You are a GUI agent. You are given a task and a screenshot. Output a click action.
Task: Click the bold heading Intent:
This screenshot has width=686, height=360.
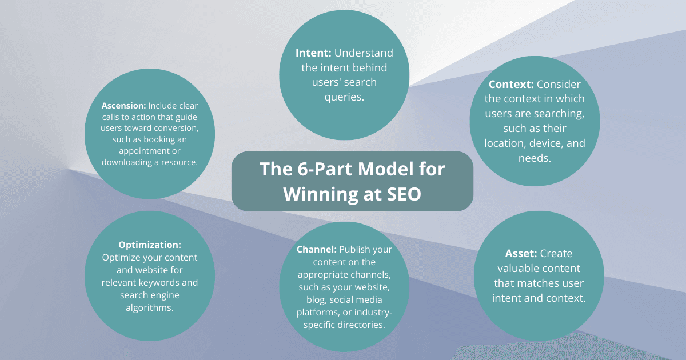coord(313,53)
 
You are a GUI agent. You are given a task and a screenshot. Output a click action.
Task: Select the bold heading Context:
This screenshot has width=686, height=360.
coord(511,85)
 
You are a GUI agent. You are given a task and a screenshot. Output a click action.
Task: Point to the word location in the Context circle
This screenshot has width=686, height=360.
coord(505,143)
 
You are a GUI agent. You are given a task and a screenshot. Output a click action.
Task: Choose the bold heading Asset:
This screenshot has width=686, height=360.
coord(521,254)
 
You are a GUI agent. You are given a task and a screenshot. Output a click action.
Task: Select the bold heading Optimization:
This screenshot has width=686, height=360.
coord(150,245)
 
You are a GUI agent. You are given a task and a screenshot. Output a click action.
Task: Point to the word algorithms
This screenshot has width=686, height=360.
coord(149,307)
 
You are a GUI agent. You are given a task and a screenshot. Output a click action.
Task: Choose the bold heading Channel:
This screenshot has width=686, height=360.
coord(317,250)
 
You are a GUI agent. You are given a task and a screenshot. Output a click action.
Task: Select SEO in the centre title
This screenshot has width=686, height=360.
coord(403,194)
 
